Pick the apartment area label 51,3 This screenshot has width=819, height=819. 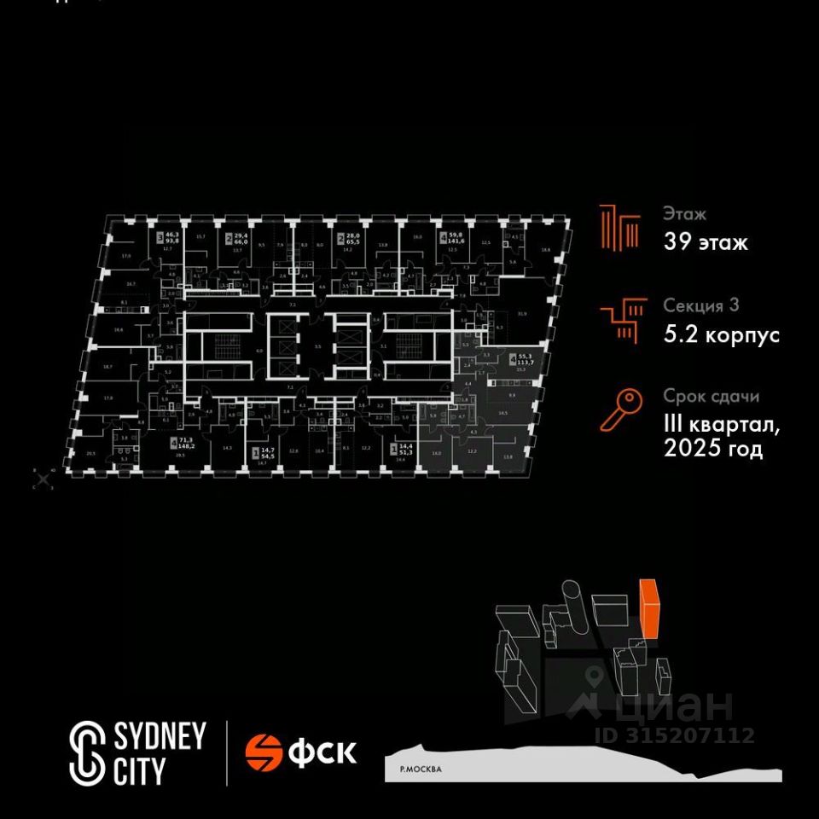point(400,451)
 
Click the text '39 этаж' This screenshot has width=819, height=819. point(706,242)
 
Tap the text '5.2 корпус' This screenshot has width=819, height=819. point(721,335)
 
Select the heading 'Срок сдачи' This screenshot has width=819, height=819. point(711,397)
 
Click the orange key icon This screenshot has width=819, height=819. point(620,410)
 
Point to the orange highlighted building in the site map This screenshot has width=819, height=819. point(649,607)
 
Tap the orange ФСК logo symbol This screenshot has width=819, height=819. point(264,752)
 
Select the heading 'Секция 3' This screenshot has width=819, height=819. point(700,305)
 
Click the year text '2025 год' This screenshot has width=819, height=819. point(712,450)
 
